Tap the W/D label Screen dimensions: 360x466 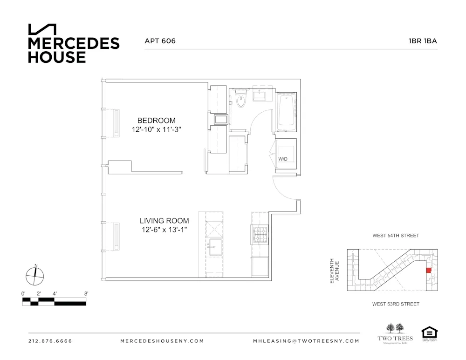pos(283,159)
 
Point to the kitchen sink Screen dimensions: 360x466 pos(215,246)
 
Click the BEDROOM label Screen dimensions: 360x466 pos(156,121)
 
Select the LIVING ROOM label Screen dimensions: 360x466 pos(164,221)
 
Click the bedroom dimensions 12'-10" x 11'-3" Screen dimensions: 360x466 pos(156,130)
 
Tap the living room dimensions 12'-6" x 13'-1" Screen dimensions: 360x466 pos(164,230)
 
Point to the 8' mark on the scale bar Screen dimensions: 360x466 pos(86,294)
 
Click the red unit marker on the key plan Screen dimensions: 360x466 pos(429,270)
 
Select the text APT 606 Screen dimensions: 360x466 pos(160,41)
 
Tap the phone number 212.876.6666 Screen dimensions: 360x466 pos(50,341)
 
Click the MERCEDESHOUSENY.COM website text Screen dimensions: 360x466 pos(162,341)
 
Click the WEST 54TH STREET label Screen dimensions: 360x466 pos(396,236)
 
